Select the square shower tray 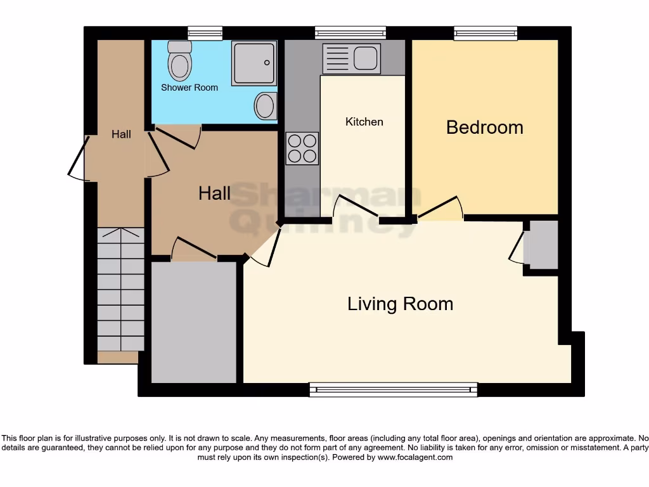point(254,63)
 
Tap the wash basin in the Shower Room point(266,106)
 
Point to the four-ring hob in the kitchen point(302,148)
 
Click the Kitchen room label point(364,122)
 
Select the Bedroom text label point(484,127)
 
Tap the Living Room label point(400,304)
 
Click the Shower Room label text point(189,88)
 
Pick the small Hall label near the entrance point(121,134)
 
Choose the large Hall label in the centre point(214,193)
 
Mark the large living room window point(393,390)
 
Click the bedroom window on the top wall point(485,33)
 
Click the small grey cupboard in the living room point(543,245)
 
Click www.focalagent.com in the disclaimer point(415,457)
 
